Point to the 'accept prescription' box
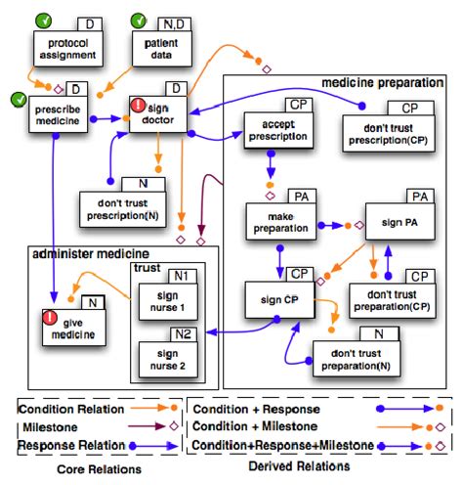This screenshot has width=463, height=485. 276,132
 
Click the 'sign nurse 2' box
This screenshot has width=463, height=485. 169,361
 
